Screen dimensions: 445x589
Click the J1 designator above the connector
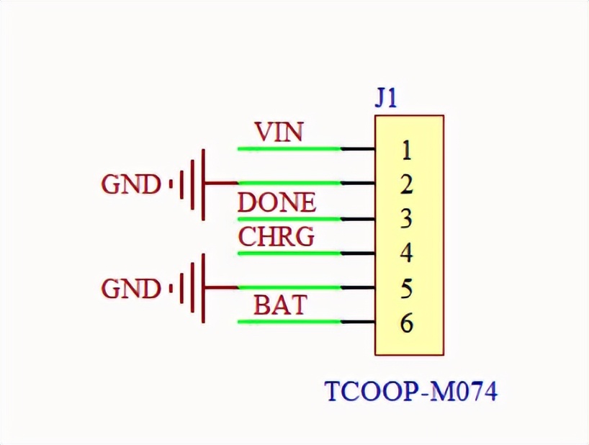point(386,98)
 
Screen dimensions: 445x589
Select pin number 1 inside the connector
point(406,150)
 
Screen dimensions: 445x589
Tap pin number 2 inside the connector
point(406,185)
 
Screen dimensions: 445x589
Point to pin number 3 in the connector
point(406,219)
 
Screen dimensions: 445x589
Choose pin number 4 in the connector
point(406,253)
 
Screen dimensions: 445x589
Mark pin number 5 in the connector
point(406,289)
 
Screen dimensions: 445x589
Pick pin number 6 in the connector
point(406,323)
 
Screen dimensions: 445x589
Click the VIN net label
point(279,132)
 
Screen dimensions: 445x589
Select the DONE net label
point(276,203)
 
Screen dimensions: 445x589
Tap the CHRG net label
point(276,237)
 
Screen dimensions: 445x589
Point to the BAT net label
point(279,306)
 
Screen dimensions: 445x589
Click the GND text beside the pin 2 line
point(130,185)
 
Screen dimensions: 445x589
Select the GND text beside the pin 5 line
point(130,289)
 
